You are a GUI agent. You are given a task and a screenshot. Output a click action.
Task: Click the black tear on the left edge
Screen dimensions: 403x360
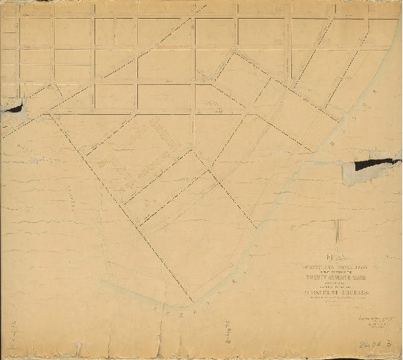point(13,108)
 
